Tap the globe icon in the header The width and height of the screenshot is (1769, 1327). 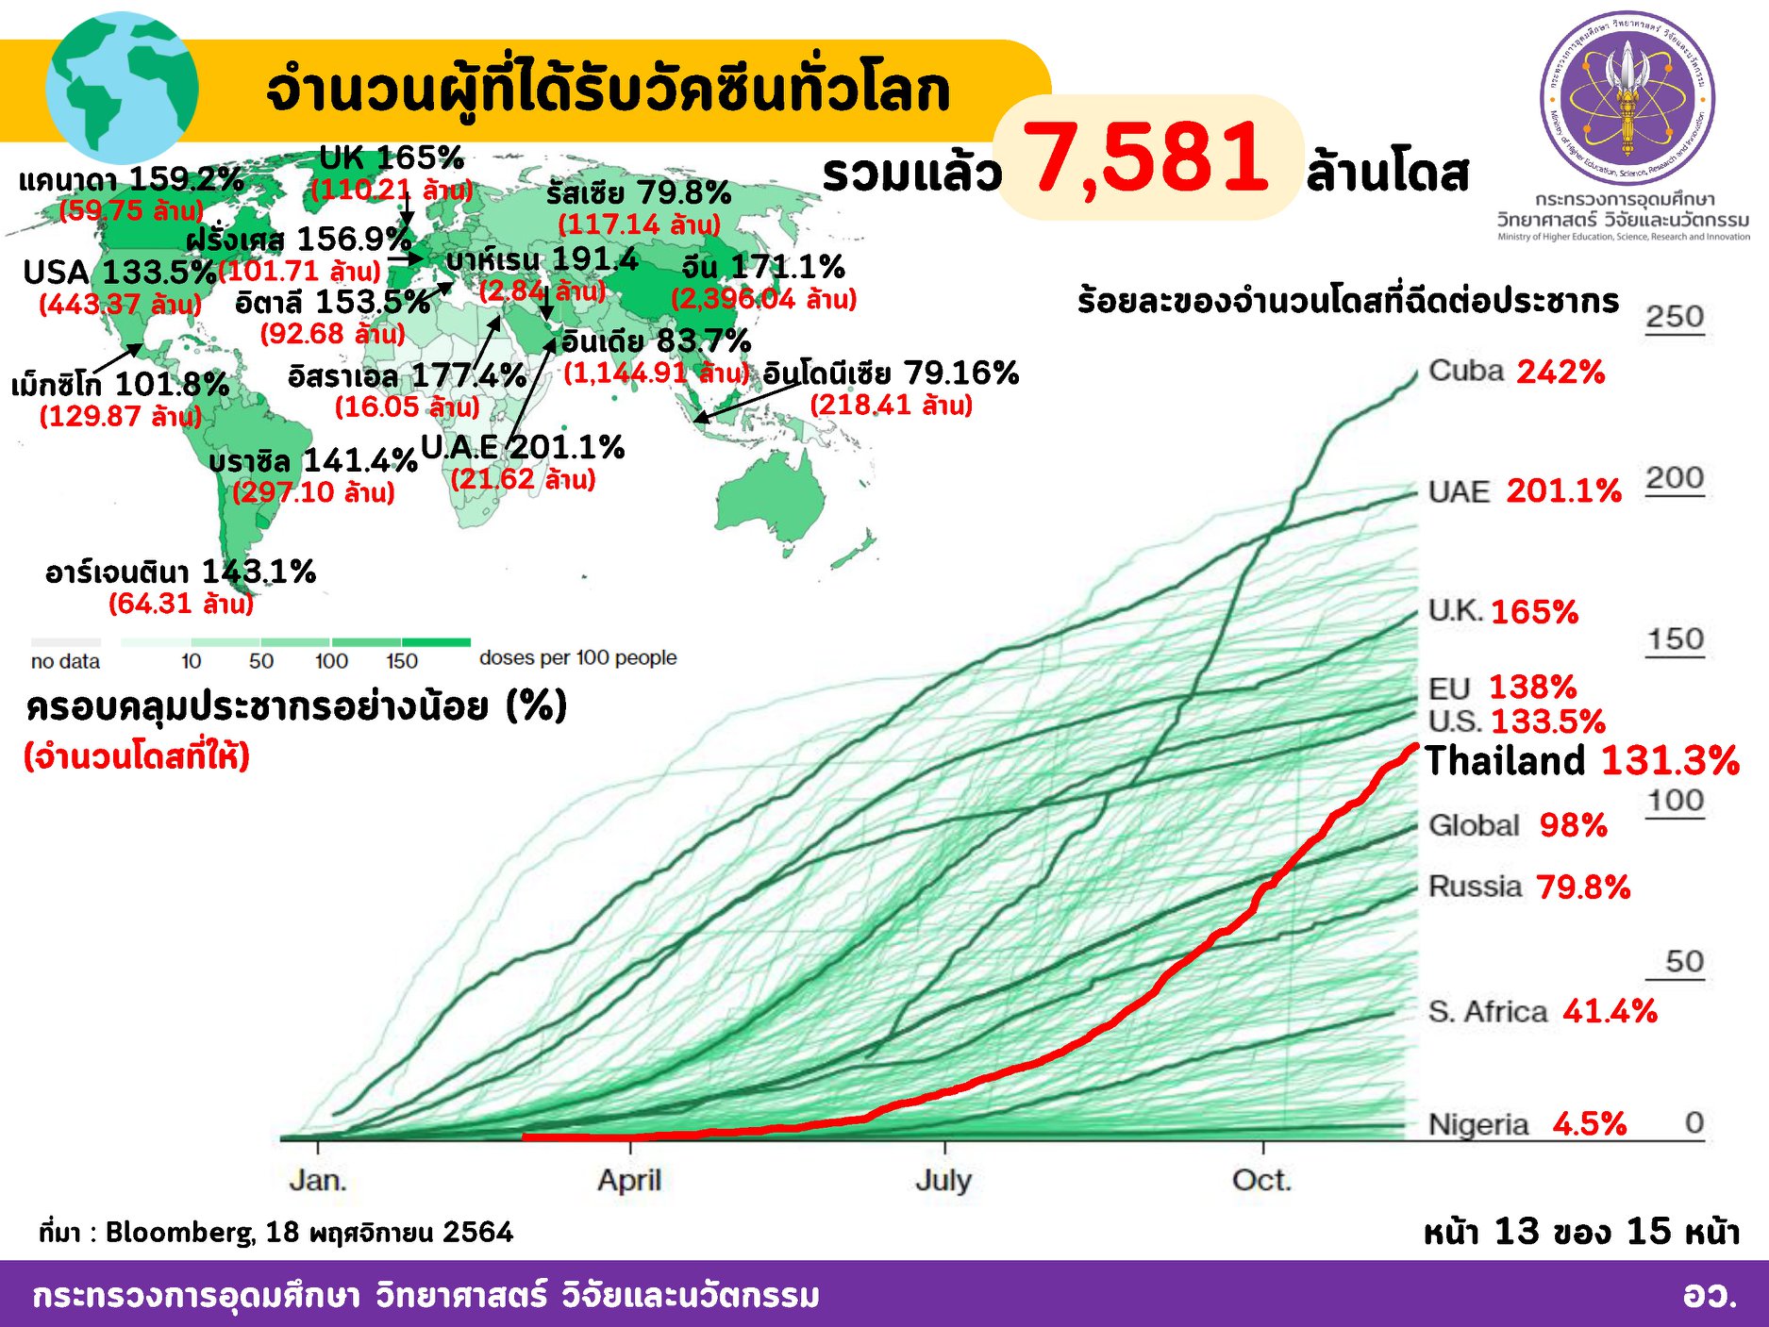[x=122, y=88]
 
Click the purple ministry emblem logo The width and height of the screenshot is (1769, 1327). [x=1627, y=98]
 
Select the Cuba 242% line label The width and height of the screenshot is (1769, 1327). [x=1515, y=371]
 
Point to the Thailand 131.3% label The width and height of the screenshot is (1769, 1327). [x=1581, y=760]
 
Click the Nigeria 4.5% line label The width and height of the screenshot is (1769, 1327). [x=1527, y=1124]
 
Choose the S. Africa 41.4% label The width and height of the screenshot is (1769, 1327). [x=1542, y=1011]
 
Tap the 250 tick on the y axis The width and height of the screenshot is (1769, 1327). [x=1675, y=317]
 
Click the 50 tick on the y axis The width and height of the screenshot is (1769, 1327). [x=1684, y=962]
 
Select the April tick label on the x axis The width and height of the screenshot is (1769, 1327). [x=629, y=1180]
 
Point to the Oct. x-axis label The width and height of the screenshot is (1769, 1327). [x=1261, y=1180]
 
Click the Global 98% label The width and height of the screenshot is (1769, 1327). [x=1517, y=825]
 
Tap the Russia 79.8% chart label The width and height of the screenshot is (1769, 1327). [x=1528, y=887]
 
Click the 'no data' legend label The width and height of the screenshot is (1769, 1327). [x=65, y=661]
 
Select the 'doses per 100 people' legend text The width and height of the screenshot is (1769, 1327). [x=577, y=657]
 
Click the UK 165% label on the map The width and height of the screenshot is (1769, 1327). [x=392, y=158]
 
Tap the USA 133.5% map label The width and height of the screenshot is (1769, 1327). [x=120, y=273]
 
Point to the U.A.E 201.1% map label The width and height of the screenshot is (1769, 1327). [x=522, y=447]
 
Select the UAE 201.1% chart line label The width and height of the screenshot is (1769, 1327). [x=1524, y=490]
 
